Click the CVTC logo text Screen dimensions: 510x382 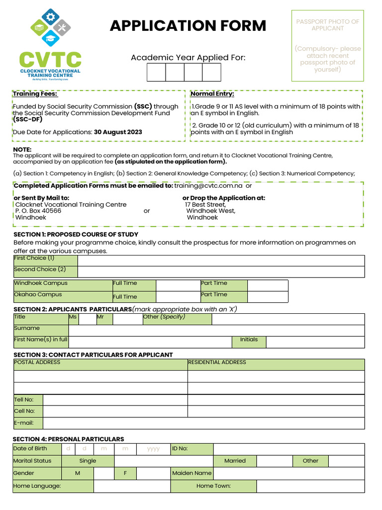pyautogui.click(x=50, y=60)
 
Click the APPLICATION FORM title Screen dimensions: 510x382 pyautogui.click(x=188, y=26)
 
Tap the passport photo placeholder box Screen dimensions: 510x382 pyautogui.click(x=327, y=45)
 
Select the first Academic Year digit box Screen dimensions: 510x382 pyautogui.click(x=156, y=72)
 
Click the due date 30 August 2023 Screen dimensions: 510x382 pyautogui.click(x=118, y=132)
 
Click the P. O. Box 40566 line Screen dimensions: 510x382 pyautogui.click(x=38, y=211)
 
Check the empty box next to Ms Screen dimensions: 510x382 pyautogui.click(x=88, y=319)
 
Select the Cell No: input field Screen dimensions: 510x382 pyautogui.click(x=115, y=411)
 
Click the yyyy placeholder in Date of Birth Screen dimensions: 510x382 pyautogui.click(x=153, y=449)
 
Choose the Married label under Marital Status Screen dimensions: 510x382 pyautogui.click(x=235, y=461)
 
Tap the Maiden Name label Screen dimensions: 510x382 pyautogui.click(x=191, y=473)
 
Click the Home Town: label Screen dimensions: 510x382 pyautogui.click(x=213, y=486)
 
